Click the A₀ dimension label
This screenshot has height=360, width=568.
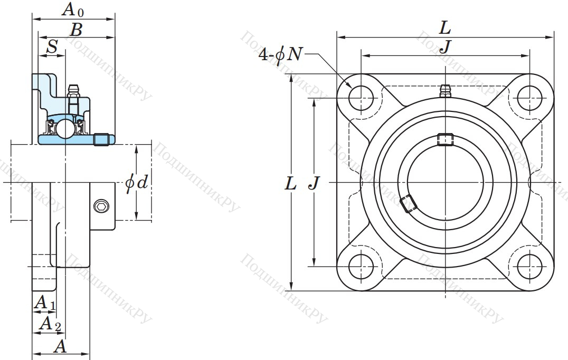73,10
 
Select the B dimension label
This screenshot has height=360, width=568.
76,30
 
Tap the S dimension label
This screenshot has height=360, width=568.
53,46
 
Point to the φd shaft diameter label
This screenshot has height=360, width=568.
137,182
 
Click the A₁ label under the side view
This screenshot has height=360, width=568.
44,303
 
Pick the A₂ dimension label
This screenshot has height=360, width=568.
50,324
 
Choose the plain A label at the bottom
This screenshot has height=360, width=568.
61,347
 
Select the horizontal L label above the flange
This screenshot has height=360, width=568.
444,28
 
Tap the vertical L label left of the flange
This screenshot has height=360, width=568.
290,184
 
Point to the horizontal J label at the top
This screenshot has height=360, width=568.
446,46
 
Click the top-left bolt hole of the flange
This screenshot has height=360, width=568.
361,98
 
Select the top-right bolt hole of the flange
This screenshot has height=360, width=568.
529,98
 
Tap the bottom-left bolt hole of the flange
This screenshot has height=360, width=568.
361,267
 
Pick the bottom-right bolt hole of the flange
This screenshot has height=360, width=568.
529,267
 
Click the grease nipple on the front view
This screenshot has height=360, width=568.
445,91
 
